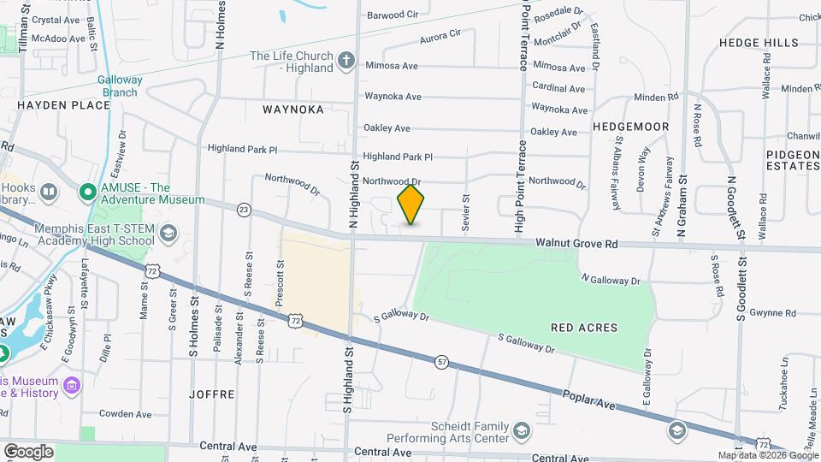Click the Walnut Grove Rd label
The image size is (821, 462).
(x=576, y=244)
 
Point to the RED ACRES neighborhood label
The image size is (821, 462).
(x=584, y=328)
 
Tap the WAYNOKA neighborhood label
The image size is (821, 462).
(x=293, y=110)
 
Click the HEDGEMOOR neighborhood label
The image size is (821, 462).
(x=630, y=127)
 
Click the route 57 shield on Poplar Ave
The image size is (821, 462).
(x=441, y=362)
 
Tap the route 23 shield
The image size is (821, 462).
(x=244, y=209)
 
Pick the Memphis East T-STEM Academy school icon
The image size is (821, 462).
(x=168, y=234)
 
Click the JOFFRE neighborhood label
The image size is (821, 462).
(x=214, y=394)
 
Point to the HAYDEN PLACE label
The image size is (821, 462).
(x=64, y=105)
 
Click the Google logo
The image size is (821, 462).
(x=28, y=451)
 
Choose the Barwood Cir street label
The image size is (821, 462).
(x=393, y=15)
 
